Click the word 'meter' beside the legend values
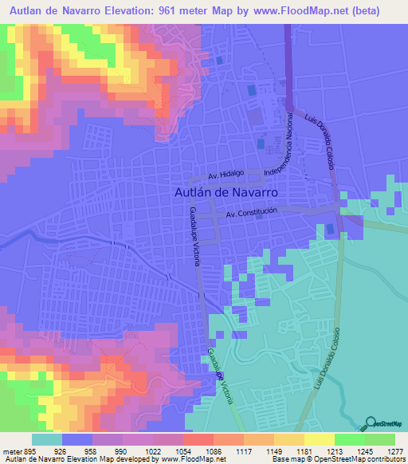[7, 450]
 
